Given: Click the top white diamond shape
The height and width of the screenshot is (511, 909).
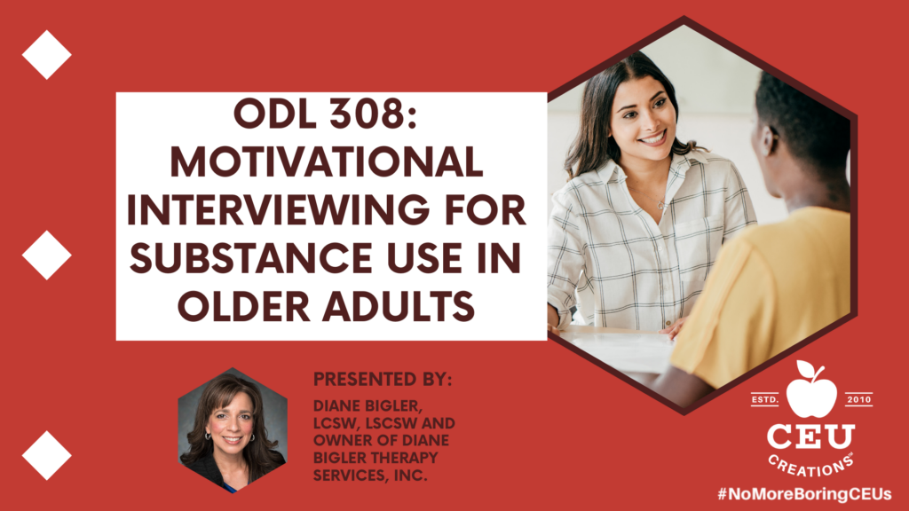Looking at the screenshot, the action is (x=46, y=54).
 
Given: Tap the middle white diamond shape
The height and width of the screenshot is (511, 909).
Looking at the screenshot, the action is (x=46, y=255).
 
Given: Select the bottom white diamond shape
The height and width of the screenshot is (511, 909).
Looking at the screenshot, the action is (x=46, y=455).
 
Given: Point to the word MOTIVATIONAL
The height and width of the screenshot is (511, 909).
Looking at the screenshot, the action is (x=327, y=161).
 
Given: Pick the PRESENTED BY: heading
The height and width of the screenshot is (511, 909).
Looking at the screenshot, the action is (x=382, y=380).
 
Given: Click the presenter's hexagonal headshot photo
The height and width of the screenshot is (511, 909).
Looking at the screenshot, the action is (x=233, y=430).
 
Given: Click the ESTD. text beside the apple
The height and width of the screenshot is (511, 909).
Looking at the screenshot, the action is (x=765, y=400).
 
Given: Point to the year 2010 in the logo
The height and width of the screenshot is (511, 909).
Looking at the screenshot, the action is (x=858, y=400).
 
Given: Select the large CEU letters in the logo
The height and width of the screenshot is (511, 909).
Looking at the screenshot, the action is (x=811, y=436).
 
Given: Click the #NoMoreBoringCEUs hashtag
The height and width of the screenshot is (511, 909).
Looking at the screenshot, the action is (x=804, y=494).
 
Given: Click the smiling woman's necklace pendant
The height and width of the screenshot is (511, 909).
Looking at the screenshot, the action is (x=660, y=205).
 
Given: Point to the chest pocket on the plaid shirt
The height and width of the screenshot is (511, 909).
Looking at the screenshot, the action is (x=700, y=239).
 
